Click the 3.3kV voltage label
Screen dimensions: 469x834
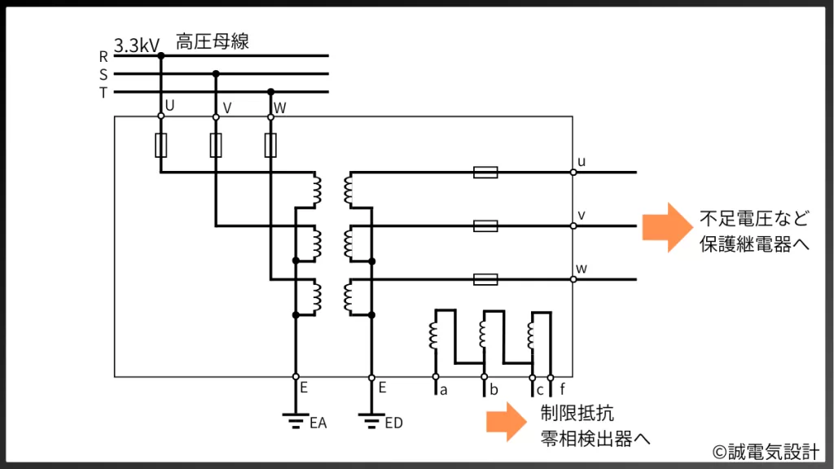point(137,46)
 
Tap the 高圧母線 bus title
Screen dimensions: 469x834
point(212,42)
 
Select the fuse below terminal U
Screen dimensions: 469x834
point(160,146)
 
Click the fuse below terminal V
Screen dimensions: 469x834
point(216,146)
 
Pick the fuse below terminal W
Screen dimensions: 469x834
point(271,146)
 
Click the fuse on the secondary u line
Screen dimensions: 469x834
point(485,173)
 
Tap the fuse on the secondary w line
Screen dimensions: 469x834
point(485,279)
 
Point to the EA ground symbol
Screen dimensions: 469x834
point(295,420)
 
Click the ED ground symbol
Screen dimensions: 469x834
point(371,420)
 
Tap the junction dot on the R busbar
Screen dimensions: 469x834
point(160,56)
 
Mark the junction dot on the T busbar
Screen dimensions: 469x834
point(271,92)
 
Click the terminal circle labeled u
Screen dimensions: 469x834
point(573,173)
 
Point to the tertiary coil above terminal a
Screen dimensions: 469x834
point(434,335)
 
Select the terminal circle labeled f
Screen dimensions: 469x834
point(551,377)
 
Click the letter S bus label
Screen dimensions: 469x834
point(103,75)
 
